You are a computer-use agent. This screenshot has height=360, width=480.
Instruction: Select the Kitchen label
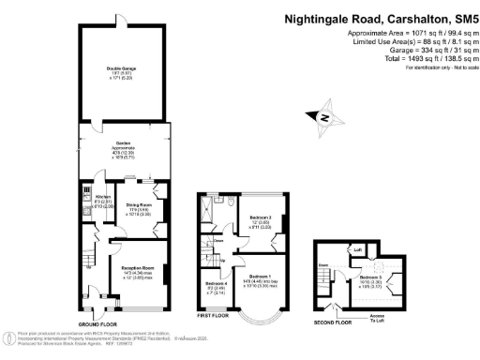(77, 197)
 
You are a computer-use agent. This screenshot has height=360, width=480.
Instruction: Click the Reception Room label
(137, 267)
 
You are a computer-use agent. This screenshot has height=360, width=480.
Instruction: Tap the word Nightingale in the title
(318, 19)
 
